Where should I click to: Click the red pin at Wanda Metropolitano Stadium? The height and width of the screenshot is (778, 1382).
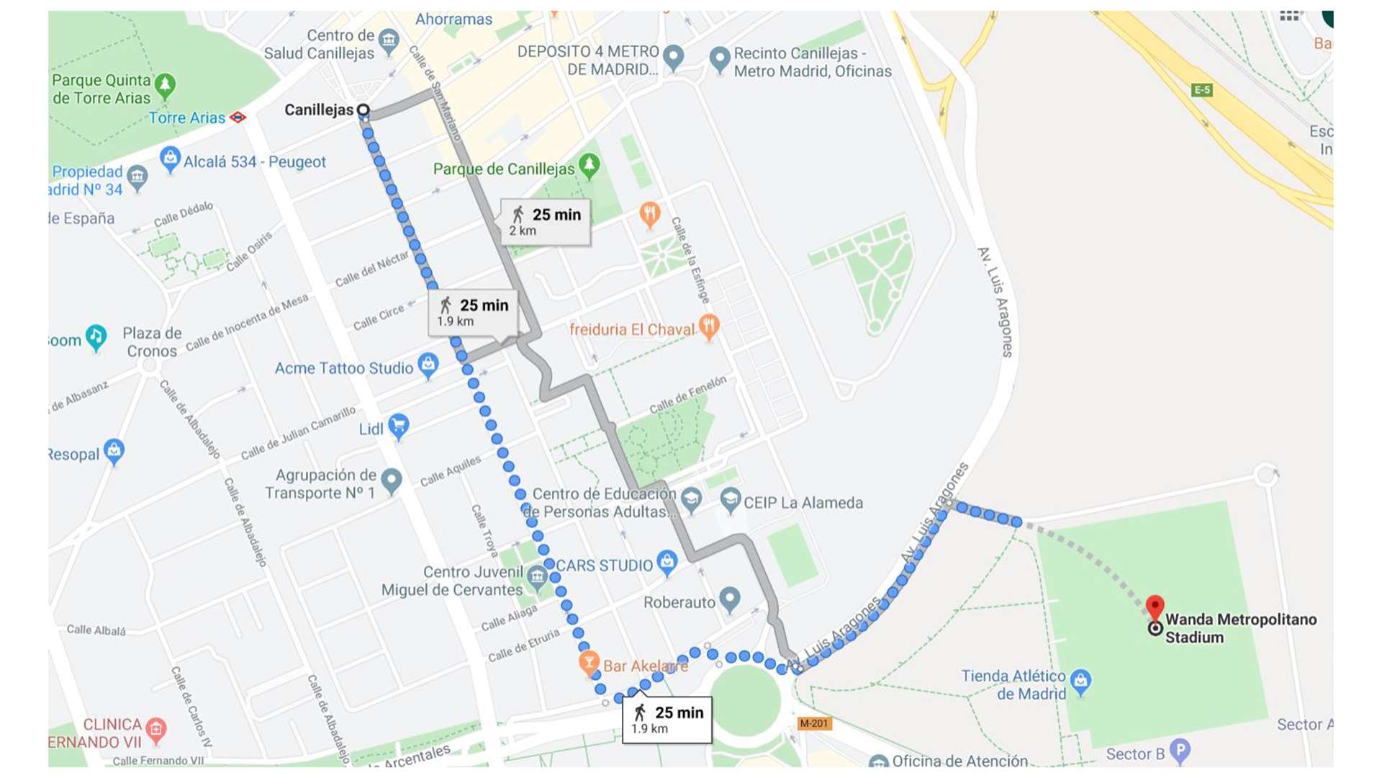(1155, 607)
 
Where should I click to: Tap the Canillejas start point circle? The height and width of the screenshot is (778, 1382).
(363, 110)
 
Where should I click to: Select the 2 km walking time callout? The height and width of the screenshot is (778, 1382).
(546, 222)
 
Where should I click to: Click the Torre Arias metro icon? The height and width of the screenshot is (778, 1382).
(238, 117)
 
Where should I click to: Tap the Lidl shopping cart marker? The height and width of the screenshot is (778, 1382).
(398, 426)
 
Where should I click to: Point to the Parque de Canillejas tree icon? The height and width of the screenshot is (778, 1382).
(590, 166)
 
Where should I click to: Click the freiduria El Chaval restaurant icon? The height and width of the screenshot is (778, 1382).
(708, 326)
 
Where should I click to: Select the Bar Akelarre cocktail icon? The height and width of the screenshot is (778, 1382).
(589, 663)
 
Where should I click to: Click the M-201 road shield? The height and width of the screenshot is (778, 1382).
(814, 723)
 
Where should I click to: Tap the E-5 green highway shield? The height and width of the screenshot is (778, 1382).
(1202, 90)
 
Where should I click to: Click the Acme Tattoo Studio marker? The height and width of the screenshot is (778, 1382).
(428, 365)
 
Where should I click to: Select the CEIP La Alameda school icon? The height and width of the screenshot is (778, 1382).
(730, 499)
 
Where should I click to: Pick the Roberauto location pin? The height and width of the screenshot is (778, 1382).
(730, 599)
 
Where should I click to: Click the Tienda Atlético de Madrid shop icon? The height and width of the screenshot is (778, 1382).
(1080, 680)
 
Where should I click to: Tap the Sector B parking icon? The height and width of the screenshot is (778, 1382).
(1179, 751)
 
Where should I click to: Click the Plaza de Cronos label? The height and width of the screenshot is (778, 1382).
(151, 342)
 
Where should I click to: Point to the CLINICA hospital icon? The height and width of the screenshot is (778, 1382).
(155, 730)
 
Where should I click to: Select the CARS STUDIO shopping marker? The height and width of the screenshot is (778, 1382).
(667, 563)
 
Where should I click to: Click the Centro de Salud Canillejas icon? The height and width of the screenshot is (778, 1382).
(389, 41)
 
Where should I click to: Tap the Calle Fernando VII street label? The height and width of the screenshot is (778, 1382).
(158, 760)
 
